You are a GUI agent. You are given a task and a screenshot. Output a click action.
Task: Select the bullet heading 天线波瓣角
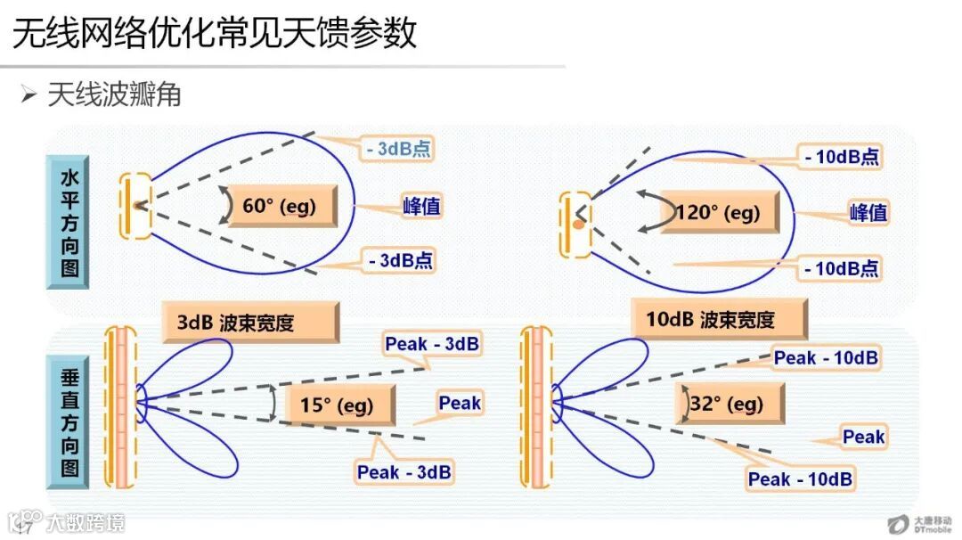coord(114,94)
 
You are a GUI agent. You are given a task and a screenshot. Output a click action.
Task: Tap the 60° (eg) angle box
coord(279,207)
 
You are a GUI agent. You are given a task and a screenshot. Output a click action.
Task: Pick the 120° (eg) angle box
coord(718,213)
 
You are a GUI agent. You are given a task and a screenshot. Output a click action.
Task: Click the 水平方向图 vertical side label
coord(69,222)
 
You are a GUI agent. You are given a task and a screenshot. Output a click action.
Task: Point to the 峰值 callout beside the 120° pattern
coord(868,213)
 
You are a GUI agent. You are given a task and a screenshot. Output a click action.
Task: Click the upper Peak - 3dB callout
coord(432,343)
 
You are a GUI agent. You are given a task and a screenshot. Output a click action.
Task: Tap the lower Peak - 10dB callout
coord(800,479)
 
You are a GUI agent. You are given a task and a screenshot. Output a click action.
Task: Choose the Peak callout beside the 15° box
coord(460,404)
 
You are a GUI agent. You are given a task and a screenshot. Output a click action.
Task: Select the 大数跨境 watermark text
coord(86,522)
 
